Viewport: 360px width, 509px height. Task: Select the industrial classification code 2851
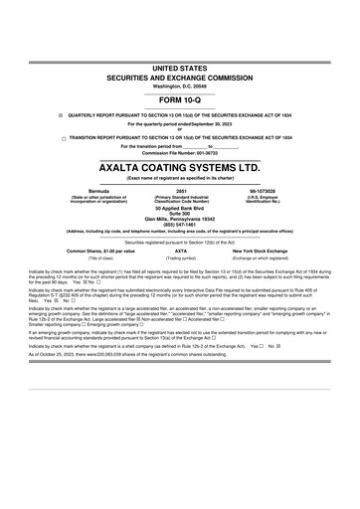(x=180, y=188)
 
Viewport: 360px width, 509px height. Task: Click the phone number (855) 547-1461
(x=180, y=223)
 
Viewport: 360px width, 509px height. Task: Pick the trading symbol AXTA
(x=180, y=252)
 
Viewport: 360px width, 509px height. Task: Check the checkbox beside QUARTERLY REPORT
(x=60, y=113)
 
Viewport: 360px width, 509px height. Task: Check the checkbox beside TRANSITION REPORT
(x=60, y=138)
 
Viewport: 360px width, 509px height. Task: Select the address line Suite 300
(x=180, y=212)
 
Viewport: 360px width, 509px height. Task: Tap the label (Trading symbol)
(x=180, y=258)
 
